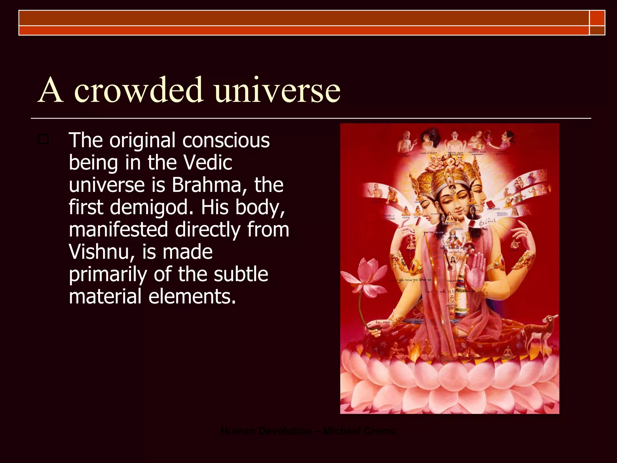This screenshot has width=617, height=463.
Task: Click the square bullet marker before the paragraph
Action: (43, 139)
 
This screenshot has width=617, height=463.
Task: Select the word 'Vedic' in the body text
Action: (208, 163)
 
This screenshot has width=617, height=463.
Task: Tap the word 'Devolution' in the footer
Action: (285, 431)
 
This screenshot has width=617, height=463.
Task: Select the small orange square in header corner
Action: (597, 18)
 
